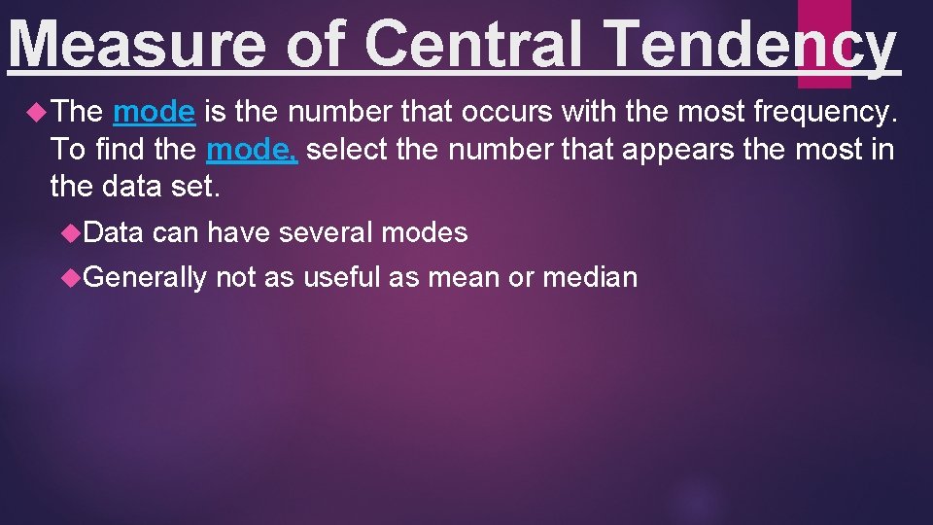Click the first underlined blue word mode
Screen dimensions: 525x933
point(154,113)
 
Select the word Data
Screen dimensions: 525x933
point(114,233)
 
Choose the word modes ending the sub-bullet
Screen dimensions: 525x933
point(425,233)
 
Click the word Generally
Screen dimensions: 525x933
point(146,278)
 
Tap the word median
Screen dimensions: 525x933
point(589,278)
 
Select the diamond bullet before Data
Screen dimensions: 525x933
point(71,233)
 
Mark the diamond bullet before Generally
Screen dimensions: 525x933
point(71,278)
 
